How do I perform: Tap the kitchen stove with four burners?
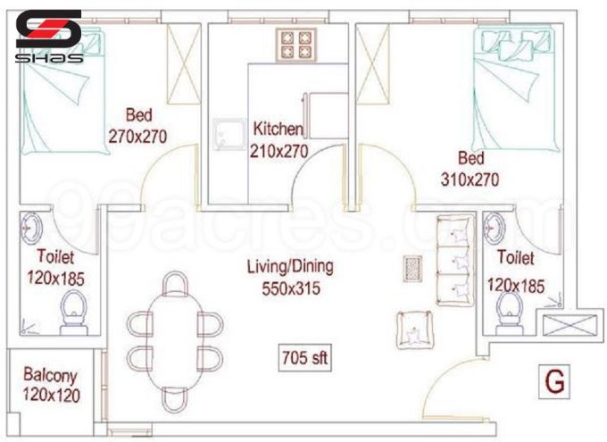[298, 44]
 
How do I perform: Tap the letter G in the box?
[554, 382]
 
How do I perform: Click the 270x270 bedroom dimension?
[138, 136]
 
